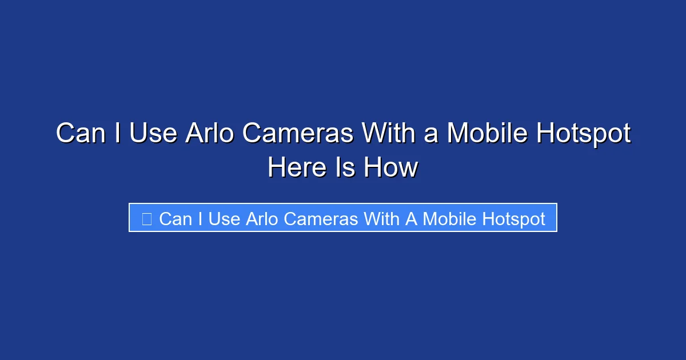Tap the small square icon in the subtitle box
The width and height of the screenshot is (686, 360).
point(147,218)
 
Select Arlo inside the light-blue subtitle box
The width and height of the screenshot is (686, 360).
point(262,219)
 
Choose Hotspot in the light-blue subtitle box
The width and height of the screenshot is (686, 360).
point(514,219)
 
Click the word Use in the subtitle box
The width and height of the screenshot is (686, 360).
point(224,219)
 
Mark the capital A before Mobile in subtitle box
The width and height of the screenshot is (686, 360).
point(412,219)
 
